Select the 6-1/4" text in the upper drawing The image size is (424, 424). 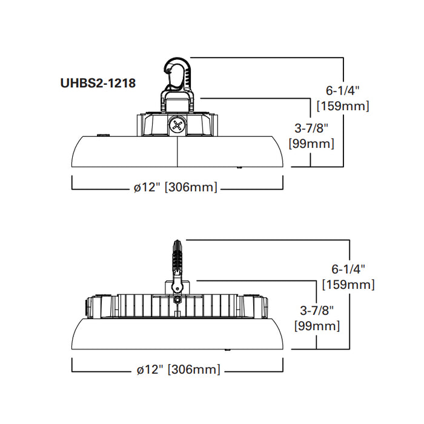[x=343, y=91]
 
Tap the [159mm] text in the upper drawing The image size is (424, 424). [x=343, y=105]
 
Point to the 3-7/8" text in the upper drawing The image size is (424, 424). [x=312, y=128]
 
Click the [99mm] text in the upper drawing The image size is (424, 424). [x=312, y=144]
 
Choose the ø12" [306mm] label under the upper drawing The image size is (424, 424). [x=176, y=187]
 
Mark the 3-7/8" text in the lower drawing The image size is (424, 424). [x=317, y=311]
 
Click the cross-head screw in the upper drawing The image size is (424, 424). [x=177, y=125]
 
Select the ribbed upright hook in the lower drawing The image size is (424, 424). [x=177, y=257]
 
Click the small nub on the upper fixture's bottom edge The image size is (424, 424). [x=240, y=167]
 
